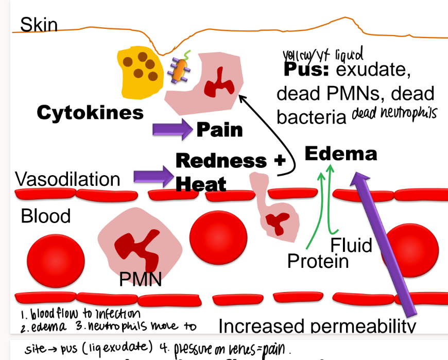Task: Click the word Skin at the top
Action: pyautogui.click(x=39, y=24)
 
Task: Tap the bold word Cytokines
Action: pyautogui.click(x=90, y=113)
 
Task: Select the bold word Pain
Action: pyautogui.click(x=219, y=129)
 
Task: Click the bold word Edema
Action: pyautogui.click(x=341, y=153)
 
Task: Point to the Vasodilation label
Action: pyautogui.click(x=67, y=179)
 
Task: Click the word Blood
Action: pyautogui.click(x=46, y=216)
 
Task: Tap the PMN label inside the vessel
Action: pyautogui.click(x=140, y=279)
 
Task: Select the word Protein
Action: pyautogui.click(x=318, y=261)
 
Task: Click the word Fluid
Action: pyautogui.click(x=351, y=245)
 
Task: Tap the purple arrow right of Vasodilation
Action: pyautogui.click(x=154, y=177)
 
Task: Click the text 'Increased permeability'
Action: pyautogui.click(x=317, y=326)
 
